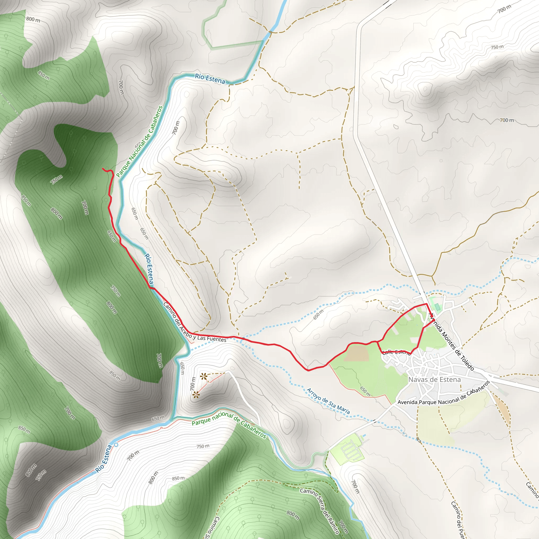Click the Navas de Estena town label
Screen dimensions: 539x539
pyautogui.click(x=434, y=380)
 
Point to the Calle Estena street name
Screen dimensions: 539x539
pyautogui.click(x=396, y=352)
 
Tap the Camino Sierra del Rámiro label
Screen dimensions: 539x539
pyautogui.click(x=320, y=511)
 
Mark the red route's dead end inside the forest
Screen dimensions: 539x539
pyautogui.click(x=103, y=169)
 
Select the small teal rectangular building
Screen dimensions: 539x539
pyautogui.click(x=437, y=307)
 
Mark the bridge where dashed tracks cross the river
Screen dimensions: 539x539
pyautogui.click(x=270, y=32)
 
